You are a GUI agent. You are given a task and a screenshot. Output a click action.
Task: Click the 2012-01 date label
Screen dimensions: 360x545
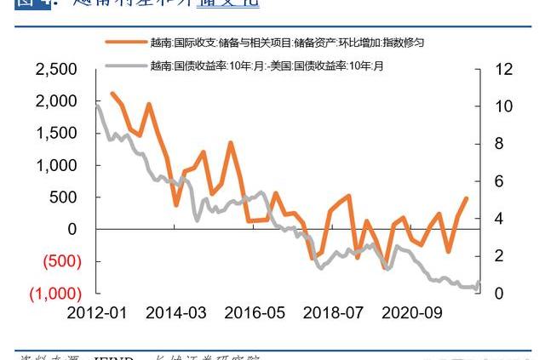[x=95, y=312]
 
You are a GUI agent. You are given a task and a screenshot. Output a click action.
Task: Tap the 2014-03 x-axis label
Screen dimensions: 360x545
[x=175, y=312]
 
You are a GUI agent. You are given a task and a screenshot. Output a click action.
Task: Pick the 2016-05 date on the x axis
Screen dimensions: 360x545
[x=255, y=312]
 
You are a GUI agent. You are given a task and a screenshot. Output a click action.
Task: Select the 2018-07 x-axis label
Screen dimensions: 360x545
[x=334, y=312]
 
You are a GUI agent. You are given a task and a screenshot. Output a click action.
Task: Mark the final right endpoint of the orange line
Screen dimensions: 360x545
[x=467, y=197]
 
